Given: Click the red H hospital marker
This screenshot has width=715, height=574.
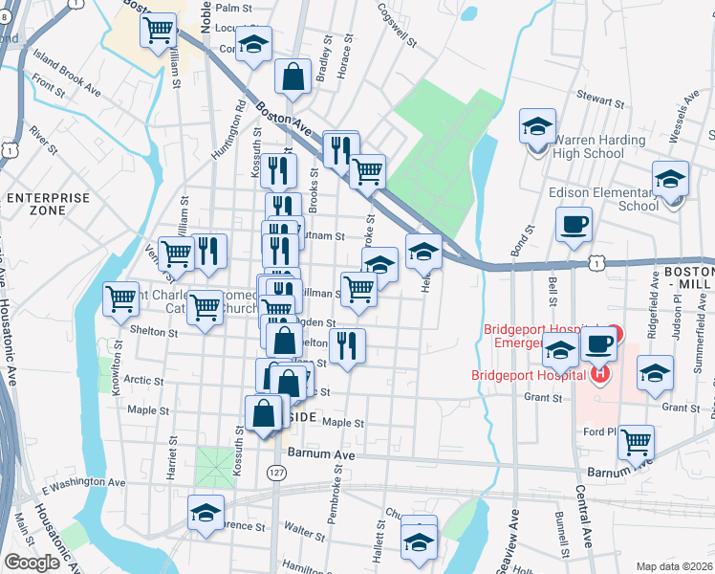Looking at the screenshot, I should tap(599, 371).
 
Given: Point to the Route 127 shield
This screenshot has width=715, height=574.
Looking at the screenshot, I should tap(276, 473).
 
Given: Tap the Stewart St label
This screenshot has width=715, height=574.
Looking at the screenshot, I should tap(600, 99).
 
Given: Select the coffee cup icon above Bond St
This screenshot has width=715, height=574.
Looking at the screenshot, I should tap(574, 225).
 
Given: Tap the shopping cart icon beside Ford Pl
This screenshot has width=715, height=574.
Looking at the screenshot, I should tap(636, 442).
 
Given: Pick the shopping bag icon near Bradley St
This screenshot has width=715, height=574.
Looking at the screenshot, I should tap(292, 77).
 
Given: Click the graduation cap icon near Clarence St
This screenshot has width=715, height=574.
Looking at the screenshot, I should tap(206, 513).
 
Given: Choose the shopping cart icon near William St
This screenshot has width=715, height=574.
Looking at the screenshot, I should tap(159, 29).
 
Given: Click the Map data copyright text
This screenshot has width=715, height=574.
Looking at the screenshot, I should tap(675, 566).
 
